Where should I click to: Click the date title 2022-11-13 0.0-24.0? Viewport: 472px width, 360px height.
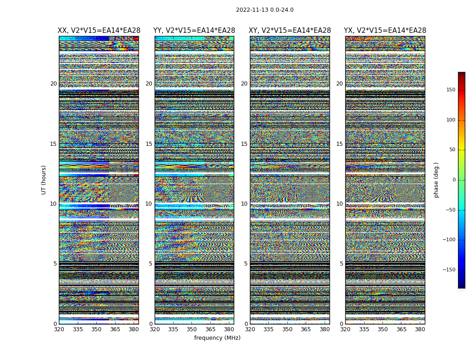[x=264, y=10]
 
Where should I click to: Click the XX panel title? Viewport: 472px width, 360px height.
[x=99, y=31]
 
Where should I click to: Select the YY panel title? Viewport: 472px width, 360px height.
[x=194, y=31]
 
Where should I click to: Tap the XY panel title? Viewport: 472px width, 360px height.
[x=290, y=31]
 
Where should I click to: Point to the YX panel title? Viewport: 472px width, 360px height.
[x=385, y=31]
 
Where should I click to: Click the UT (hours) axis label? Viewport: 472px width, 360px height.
[x=44, y=180]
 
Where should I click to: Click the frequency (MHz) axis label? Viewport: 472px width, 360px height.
[x=217, y=338]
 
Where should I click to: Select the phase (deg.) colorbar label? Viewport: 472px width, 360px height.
[x=436, y=180]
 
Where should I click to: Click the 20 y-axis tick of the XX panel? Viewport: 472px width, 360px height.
[x=53, y=84]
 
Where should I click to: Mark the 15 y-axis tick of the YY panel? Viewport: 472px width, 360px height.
[x=149, y=144]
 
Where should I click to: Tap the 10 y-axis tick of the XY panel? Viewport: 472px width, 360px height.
[x=244, y=204]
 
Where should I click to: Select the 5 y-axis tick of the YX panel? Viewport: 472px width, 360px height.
[x=341, y=264]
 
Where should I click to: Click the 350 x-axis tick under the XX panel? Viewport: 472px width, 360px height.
[x=96, y=329]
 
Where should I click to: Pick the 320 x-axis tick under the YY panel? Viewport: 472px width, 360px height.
[x=155, y=329]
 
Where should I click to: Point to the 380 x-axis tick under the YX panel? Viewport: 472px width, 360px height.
[x=420, y=329]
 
